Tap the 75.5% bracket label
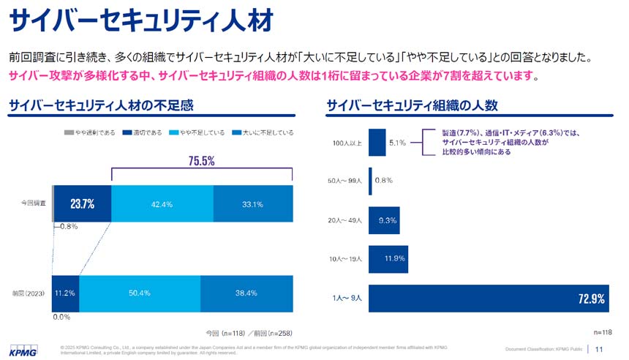[201, 161]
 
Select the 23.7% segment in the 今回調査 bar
[83, 203]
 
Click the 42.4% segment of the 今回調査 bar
[162, 203]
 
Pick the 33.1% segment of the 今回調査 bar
[252, 203]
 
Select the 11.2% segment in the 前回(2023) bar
[66, 293]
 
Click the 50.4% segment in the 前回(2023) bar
[139, 293]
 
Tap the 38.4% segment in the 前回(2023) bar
[246, 293]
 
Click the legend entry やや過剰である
[94, 132]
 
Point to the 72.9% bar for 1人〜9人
[488, 298]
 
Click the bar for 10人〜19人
[388, 258]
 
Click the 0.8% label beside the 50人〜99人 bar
[384, 181]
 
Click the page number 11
[600, 349]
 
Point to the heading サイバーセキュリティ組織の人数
[413, 105]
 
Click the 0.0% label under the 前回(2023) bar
[62, 318]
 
